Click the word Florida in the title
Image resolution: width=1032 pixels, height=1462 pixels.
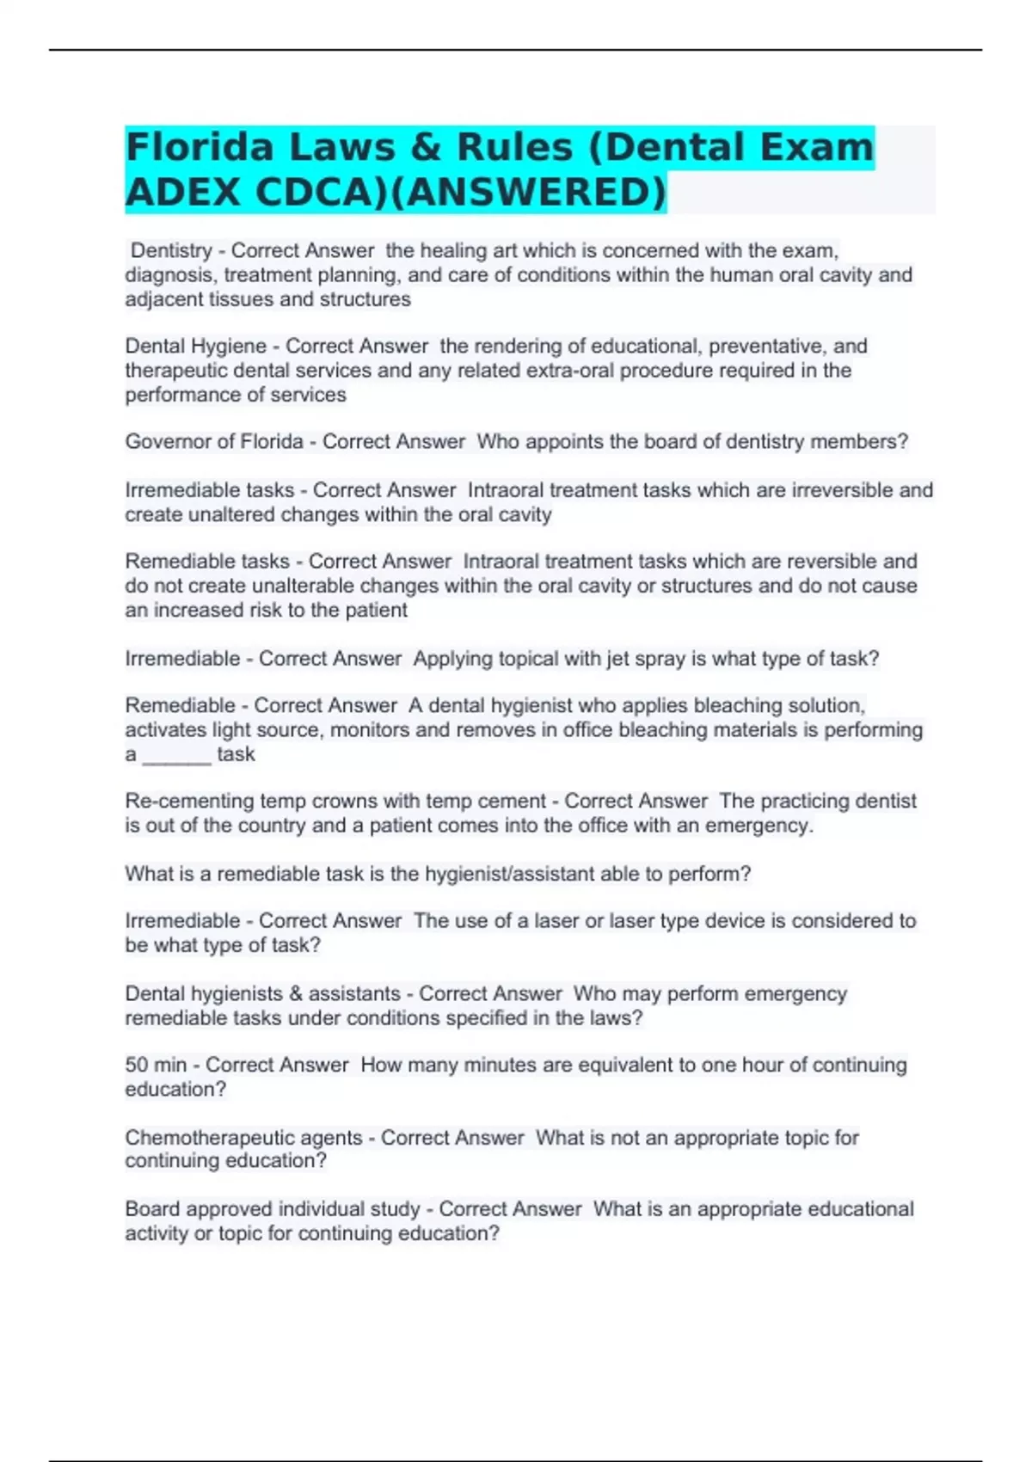coord(199,147)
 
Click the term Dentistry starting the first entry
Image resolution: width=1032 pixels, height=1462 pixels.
coord(171,250)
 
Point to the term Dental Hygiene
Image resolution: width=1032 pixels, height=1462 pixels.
coord(196,346)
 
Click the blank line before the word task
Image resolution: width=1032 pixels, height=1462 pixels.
coord(176,755)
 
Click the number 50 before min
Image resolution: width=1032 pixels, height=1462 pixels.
coord(137,1065)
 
